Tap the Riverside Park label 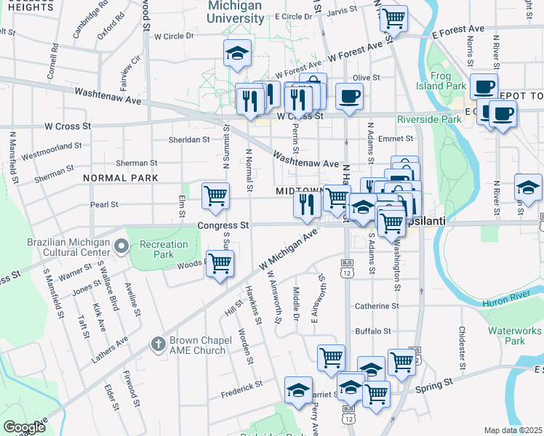pyautogui.click(x=430, y=119)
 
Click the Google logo pyautogui.click(x=24, y=427)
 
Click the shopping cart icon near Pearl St pyautogui.click(x=215, y=195)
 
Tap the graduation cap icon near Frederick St pyautogui.click(x=298, y=390)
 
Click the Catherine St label pyautogui.click(x=377, y=307)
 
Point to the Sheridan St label pyautogui.click(x=188, y=140)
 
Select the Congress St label pyautogui.click(x=223, y=226)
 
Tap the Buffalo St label pyautogui.click(x=373, y=331)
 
